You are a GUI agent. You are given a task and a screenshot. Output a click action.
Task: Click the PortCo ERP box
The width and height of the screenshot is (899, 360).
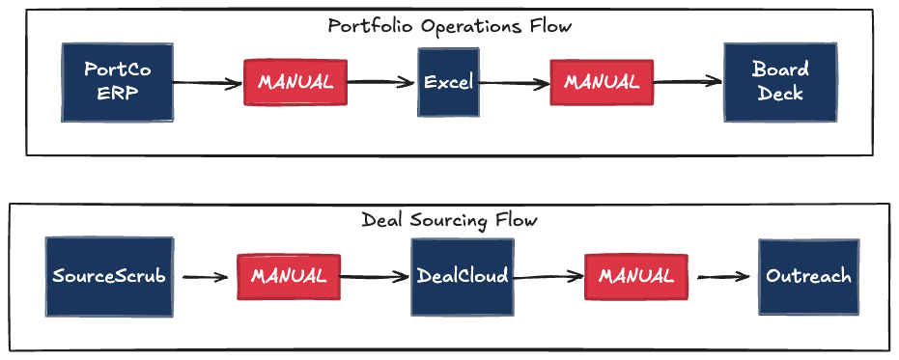point(118,82)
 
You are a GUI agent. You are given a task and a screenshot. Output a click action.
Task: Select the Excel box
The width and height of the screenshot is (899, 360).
point(449,82)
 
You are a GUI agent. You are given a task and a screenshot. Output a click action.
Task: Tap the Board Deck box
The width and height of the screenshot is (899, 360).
point(780,82)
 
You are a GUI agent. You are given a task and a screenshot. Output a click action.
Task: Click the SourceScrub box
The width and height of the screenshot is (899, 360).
point(109,276)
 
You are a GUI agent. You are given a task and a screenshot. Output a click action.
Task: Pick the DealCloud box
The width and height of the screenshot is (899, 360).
point(462,276)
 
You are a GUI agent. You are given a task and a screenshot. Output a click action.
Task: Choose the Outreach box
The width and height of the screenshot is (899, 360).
point(808,276)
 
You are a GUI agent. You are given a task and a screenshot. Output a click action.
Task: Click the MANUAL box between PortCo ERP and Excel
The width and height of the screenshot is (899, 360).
point(295,82)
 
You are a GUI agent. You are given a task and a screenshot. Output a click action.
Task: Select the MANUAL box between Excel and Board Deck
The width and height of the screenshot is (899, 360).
point(602,82)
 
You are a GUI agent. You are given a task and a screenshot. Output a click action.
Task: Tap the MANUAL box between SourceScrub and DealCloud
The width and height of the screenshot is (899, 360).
point(289,276)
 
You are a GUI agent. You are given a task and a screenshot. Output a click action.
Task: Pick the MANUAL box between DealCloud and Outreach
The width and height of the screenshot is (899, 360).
point(635,276)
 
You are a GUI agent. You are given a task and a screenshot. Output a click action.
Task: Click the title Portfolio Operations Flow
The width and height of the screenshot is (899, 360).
point(449,26)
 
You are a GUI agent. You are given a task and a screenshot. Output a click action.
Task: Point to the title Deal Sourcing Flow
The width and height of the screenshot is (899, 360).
point(449,220)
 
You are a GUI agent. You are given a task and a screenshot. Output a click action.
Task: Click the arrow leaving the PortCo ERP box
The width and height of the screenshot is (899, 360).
point(208,84)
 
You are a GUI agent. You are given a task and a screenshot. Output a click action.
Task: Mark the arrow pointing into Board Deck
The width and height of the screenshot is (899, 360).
point(688,82)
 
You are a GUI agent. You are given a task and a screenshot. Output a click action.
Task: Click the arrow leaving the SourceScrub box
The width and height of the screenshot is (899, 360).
point(205,278)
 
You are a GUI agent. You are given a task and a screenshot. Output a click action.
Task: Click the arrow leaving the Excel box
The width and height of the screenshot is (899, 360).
point(514,83)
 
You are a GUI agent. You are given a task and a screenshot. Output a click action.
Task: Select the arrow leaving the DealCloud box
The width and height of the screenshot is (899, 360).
point(547,277)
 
